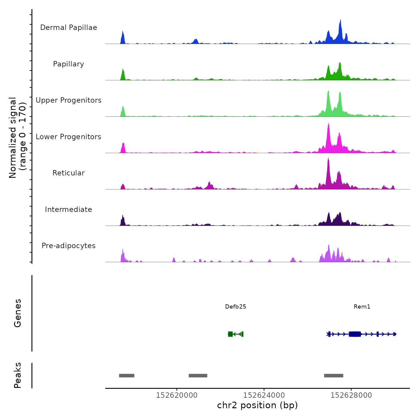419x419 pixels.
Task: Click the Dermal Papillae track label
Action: coord(69,28)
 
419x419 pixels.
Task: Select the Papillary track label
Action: coord(69,64)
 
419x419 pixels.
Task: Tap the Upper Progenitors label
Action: coord(69,100)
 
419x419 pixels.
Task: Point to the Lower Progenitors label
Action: coord(69,137)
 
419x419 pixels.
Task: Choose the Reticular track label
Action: coord(69,173)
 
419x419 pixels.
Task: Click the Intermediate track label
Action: coord(69,209)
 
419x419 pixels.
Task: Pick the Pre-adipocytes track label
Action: coord(69,246)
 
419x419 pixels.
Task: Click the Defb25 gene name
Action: coord(236,306)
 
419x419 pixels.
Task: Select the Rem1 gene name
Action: coord(362,306)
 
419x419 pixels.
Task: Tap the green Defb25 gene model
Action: coord(236,334)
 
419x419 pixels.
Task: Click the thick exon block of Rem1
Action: coord(355,334)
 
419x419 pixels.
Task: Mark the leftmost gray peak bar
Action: coord(127,376)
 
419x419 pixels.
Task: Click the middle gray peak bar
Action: coord(198,376)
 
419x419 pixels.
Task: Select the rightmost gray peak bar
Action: coord(333,376)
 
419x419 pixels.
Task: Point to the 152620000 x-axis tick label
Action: coord(177,395)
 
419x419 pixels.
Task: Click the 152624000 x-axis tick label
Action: coord(264,395)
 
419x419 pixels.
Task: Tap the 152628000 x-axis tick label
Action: coord(351,395)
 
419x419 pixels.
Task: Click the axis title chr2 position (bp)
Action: coord(257,405)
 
